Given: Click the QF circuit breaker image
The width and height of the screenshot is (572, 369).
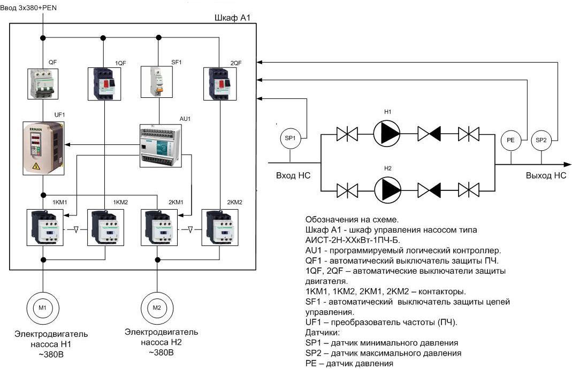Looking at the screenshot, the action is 43,83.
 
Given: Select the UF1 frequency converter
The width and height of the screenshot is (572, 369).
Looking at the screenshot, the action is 44,148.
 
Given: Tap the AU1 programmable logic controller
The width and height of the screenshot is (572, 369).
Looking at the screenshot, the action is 161,146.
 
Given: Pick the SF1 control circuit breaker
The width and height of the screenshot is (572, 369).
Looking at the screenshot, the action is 157,82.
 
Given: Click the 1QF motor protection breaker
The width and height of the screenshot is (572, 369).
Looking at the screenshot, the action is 104,84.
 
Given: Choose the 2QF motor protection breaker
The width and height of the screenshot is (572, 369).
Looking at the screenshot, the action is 220,84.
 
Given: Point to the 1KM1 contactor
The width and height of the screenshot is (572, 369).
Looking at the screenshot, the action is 45,227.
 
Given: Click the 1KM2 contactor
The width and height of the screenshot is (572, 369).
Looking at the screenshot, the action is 105,227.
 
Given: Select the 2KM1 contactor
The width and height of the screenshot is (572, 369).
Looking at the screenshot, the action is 159,227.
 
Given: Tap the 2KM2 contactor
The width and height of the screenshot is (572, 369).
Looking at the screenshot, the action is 219,227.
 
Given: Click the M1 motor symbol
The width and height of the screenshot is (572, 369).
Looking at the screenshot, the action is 43,307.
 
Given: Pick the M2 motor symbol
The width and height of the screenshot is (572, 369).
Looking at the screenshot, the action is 157,307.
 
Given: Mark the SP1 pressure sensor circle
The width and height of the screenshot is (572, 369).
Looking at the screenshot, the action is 290,138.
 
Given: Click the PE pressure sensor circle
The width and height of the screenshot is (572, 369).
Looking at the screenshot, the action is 510,140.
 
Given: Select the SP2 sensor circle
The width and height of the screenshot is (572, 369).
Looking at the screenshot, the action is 541,140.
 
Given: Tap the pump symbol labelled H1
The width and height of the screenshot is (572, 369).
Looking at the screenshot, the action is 387,134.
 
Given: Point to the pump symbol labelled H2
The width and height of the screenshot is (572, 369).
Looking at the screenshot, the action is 387,190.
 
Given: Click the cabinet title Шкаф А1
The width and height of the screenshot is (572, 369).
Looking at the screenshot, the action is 232,18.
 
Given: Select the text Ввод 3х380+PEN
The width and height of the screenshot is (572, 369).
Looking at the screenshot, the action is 28,7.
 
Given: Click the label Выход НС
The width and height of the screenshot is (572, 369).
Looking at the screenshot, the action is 546,175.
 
